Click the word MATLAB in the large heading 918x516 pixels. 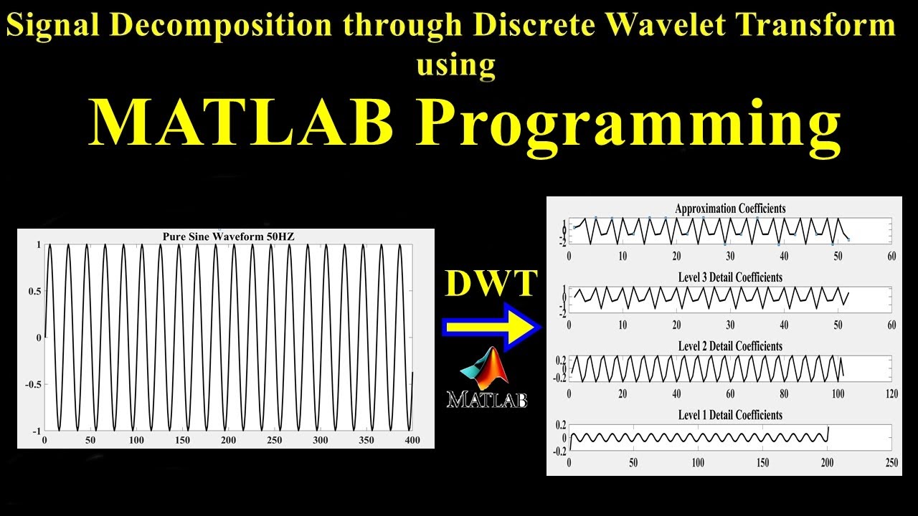pos(241,122)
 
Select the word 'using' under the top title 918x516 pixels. pos(456,64)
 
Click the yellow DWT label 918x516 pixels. pos(491,284)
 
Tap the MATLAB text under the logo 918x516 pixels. pos(487,399)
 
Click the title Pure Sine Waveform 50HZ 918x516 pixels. pos(225,237)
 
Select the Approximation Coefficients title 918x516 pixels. pos(730,209)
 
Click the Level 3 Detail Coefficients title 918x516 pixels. pos(730,277)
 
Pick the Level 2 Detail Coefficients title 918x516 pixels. pos(730,346)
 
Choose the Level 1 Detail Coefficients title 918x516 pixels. pos(730,415)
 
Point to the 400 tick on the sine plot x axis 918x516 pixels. pos(412,440)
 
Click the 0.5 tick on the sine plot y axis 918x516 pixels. pos(33,291)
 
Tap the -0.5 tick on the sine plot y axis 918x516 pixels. pos(31,384)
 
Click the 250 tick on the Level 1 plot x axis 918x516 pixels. pos(891,463)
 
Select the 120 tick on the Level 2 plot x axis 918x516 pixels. pos(891,394)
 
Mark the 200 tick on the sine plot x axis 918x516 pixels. pos(228,440)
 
